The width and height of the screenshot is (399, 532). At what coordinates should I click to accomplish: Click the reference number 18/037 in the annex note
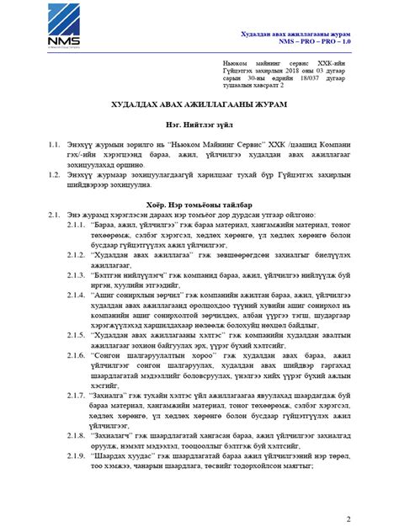319,78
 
